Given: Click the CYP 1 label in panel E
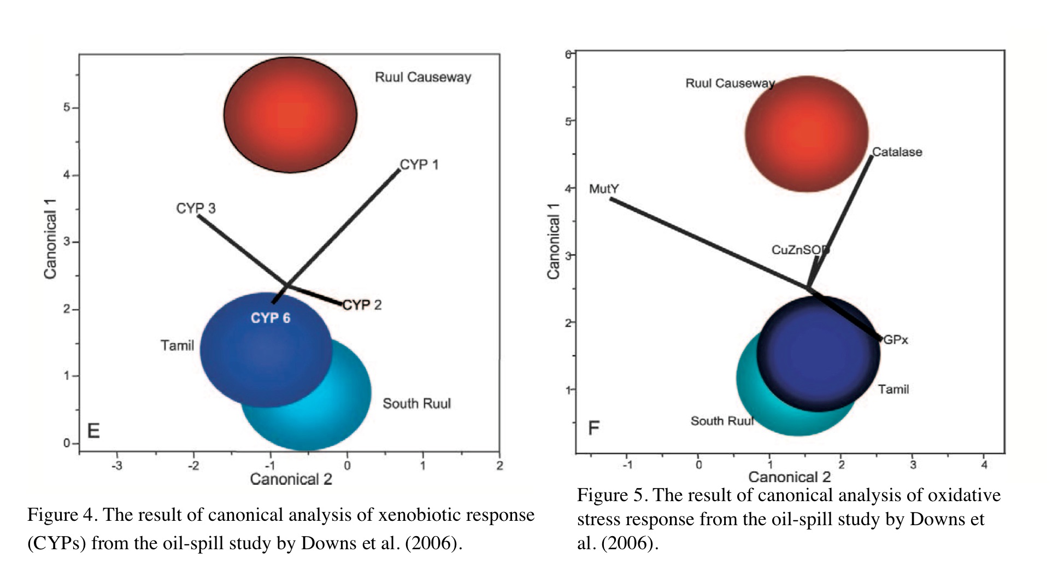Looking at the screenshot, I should pos(419,164).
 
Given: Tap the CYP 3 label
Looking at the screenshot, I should pos(196,208).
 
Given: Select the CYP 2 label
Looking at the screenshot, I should pos(362,305).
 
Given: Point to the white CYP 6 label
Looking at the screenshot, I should pos(271,318).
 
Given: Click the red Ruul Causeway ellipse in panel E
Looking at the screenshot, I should pos(290,115).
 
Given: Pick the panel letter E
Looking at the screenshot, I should pos(93,431).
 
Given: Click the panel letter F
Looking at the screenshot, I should pos(593,428).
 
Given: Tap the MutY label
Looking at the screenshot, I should pos(604,189).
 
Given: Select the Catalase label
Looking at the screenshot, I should pos(897,152).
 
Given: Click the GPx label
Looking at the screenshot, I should pos(896,340).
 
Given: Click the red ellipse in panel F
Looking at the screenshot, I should pos(807,134).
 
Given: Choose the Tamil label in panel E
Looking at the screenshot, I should pos(177,345).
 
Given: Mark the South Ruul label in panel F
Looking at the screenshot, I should pos(722,421).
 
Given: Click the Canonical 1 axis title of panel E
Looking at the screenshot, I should pos(50,238).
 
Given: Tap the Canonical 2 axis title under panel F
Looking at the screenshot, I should pos(789,477).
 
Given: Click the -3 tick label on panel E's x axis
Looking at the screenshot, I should pos(116,466).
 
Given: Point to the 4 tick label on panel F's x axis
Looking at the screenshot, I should pos(984,465).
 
